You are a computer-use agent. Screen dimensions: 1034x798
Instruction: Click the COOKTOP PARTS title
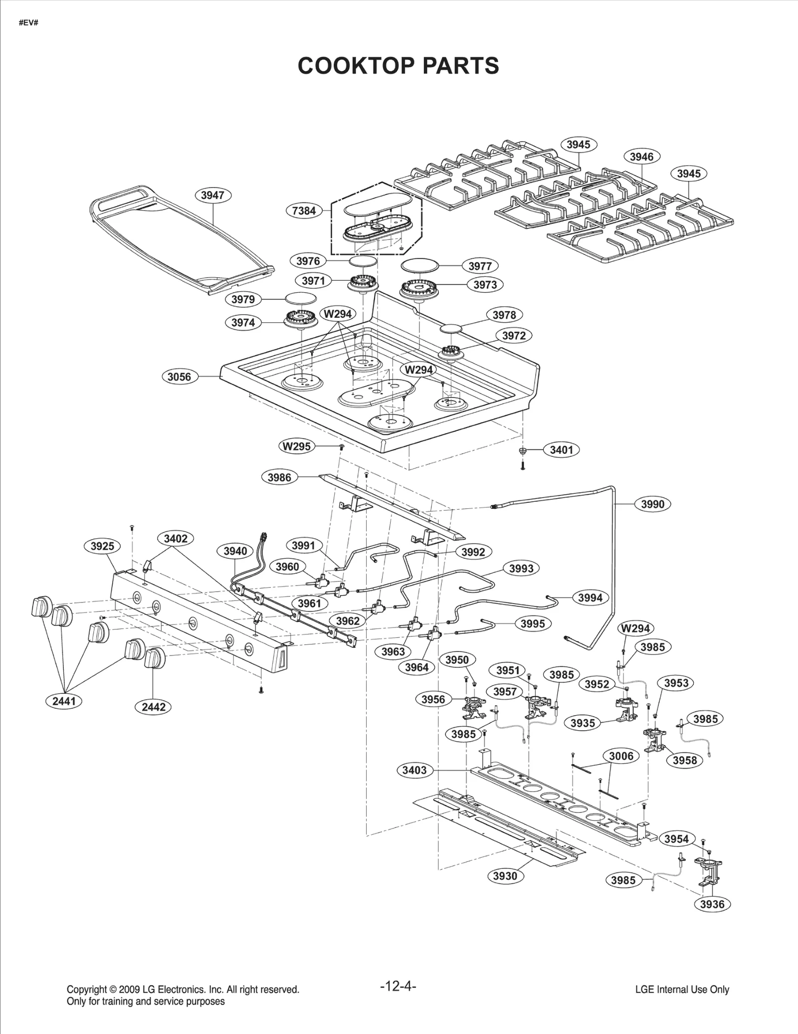(398, 66)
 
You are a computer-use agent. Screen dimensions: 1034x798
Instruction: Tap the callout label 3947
(212, 195)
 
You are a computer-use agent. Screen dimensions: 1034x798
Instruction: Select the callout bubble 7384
(304, 210)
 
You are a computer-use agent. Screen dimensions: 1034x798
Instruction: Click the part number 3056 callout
(179, 377)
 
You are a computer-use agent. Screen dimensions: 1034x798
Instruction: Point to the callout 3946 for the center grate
(641, 157)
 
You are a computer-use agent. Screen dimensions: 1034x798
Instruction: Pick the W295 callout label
(297, 446)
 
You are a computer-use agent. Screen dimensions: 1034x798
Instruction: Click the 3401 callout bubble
(561, 449)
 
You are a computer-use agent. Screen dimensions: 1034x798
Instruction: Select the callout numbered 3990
(652, 504)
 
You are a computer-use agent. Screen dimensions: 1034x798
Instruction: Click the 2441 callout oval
(64, 701)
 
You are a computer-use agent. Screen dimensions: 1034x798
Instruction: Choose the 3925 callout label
(102, 546)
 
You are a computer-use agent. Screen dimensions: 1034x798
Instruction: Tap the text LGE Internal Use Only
(682, 990)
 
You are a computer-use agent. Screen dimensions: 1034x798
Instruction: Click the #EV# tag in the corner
(28, 23)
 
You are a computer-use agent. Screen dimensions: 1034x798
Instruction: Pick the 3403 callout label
(414, 770)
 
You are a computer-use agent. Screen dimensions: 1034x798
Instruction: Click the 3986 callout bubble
(279, 477)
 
